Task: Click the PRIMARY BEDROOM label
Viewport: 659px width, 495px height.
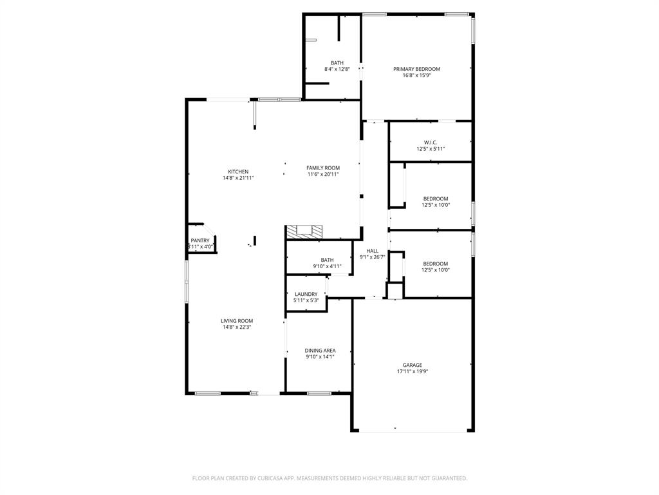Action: [x=416, y=69]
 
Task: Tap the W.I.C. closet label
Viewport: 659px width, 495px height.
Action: [x=431, y=142]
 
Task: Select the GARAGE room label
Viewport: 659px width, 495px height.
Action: [x=413, y=365]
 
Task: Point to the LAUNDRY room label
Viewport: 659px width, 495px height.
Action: [x=306, y=294]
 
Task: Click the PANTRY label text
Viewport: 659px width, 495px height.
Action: [x=200, y=240]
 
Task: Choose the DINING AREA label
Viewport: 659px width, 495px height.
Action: [x=320, y=351]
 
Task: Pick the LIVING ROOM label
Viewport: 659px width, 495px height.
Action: [x=237, y=320]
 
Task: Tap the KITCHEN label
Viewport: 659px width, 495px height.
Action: [x=238, y=171]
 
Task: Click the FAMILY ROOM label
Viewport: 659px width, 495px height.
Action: [x=322, y=168]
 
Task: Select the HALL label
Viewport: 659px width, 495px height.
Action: [x=373, y=251]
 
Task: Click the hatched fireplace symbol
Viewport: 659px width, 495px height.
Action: [x=304, y=231]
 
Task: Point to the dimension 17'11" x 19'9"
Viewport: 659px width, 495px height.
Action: [x=413, y=371]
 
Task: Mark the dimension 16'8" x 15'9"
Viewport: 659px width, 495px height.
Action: [x=416, y=75]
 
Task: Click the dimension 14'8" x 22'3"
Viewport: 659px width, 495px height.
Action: [x=237, y=327]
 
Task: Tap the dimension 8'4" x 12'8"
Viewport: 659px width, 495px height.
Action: [x=337, y=69]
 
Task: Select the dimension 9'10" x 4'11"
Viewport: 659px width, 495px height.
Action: [x=327, y=266]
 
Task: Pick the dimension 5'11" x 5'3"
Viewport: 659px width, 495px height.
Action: [x=306, y=300]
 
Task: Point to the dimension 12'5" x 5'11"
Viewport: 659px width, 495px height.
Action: [x=431, y=149]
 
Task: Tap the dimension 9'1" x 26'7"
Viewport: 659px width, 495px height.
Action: [x=373, y=257]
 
